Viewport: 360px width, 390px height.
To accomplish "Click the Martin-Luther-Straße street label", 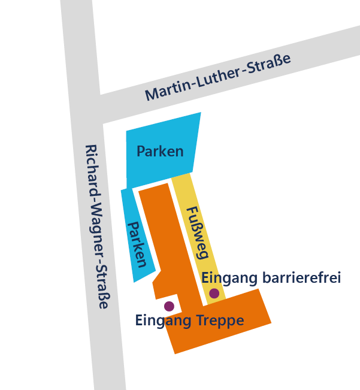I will [217, 77].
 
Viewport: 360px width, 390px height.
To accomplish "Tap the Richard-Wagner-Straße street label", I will [97, 226].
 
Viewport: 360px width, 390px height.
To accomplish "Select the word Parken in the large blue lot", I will [160, 151].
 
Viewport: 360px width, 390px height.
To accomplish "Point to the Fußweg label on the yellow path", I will [197, 232].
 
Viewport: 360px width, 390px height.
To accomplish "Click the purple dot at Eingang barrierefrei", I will [214, 294].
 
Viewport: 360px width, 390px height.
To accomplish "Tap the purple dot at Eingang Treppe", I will [169, 306].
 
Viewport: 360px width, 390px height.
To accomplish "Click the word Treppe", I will [220, 321].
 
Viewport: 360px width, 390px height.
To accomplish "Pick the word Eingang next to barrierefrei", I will [229, 278].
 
